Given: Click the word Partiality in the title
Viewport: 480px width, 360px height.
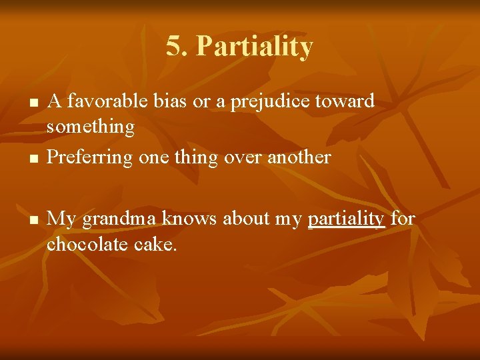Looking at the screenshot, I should click(255, 47).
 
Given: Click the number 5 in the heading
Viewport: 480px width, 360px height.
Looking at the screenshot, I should click(173, 47).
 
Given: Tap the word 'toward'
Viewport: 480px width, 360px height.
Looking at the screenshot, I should click(349, 101).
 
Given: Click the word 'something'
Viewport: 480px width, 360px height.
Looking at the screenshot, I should click(91, 125).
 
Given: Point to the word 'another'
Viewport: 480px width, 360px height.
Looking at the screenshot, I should click(297, 158).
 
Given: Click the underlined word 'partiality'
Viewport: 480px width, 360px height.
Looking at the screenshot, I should click(347, 219).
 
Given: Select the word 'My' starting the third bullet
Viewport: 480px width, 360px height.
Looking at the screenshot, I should click(62, 219).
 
